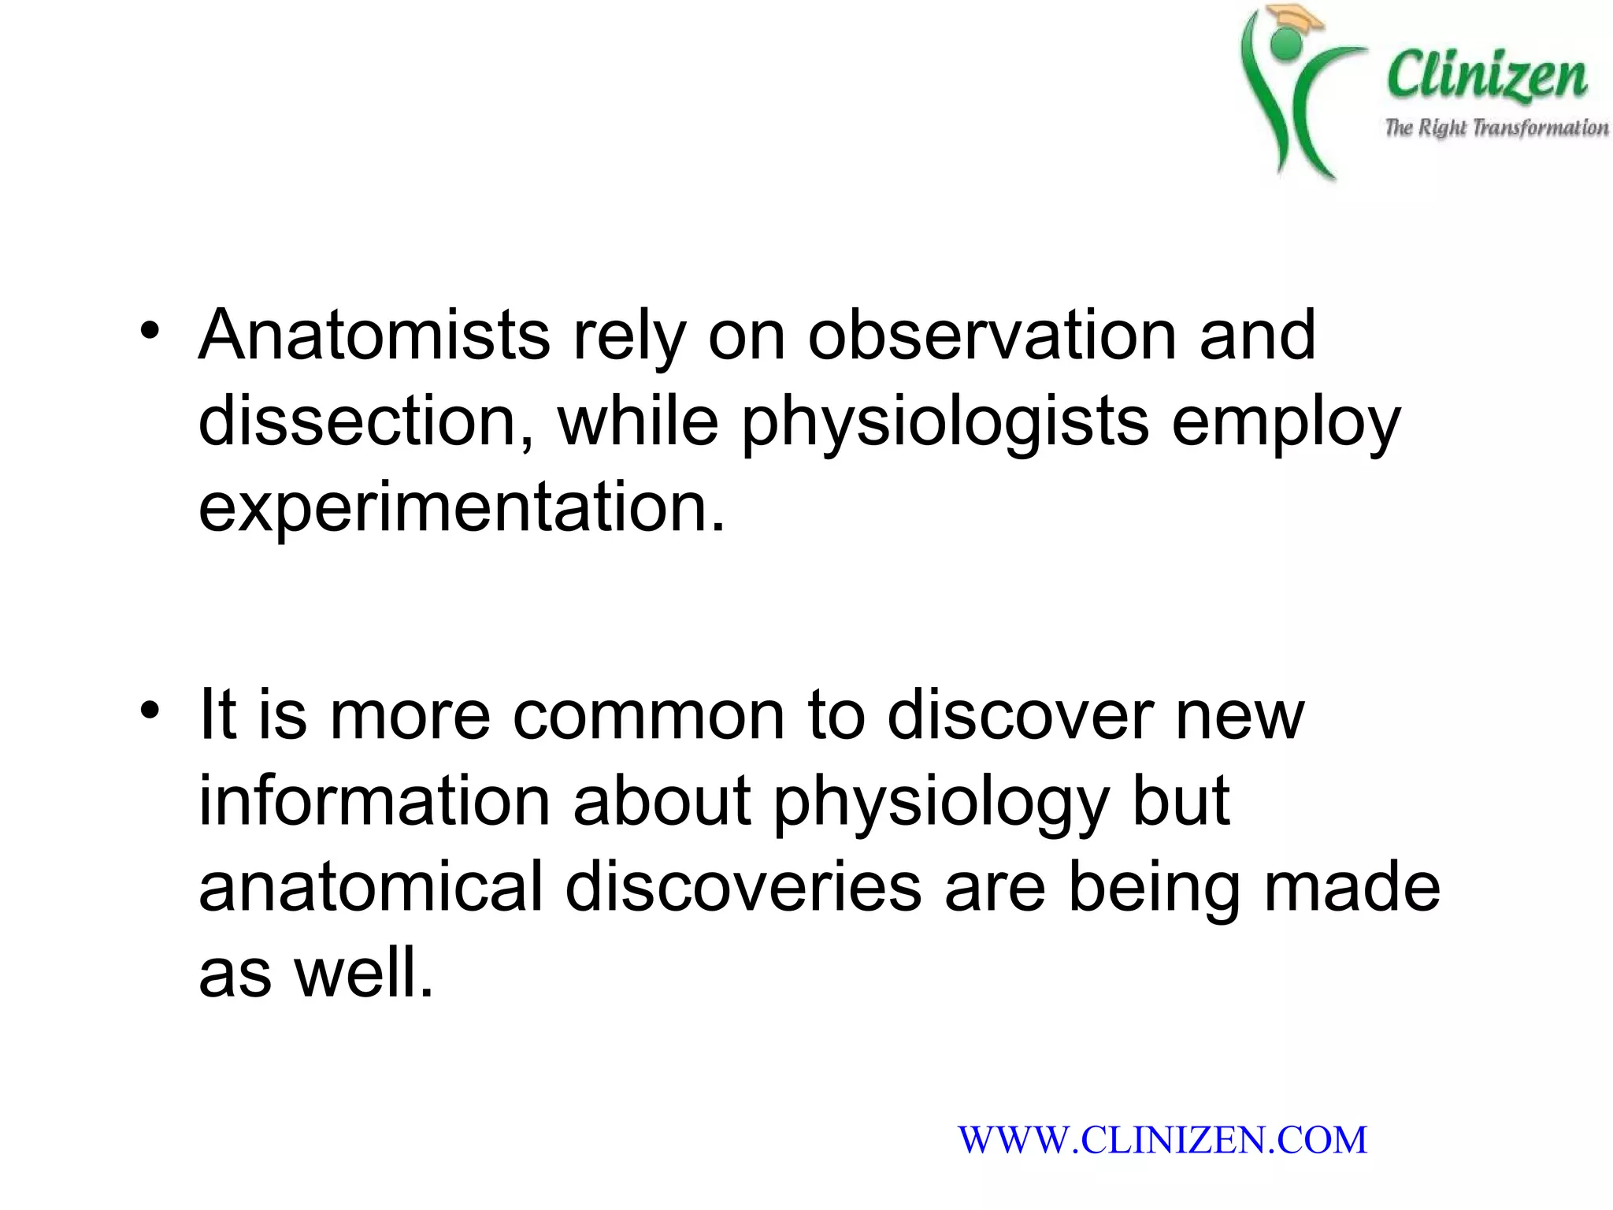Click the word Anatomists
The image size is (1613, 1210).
pyautogui.click(x=374, y=336)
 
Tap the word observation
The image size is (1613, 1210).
pyautogui.click(x=992, y=336)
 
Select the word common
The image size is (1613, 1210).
pyautogui.click(x=649, y=716)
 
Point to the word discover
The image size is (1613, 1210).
pyautogui.click(x=1020, y=716)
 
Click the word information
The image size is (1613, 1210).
pyautogui.click(x=374, y=802)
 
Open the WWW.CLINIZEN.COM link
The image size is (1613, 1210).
pyautogui.click(x=1162, y=1140)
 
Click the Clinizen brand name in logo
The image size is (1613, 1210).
pyautogui.click(x=1487, y=77)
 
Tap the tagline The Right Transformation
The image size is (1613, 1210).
pyautogui.click(x=1496, y=128)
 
